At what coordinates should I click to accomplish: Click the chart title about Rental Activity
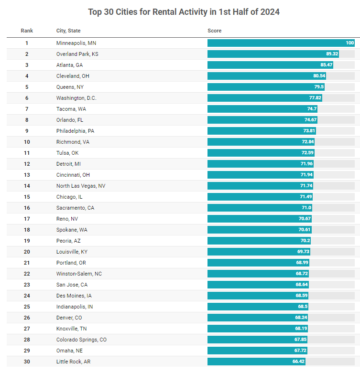tap(184, 12)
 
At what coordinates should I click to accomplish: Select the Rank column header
tap(27, 31)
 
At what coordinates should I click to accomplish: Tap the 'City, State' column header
tap(68, 31)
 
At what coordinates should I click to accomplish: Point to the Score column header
tap(215, 31)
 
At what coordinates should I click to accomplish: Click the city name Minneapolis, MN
tap(76, 43)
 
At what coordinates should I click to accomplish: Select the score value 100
tap(350, 43)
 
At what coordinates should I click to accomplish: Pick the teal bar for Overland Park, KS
tap(273, 54)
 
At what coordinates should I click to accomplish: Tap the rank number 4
tap(27, 76)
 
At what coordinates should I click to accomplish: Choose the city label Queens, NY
tap(70, 87)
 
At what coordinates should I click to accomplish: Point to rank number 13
tap(27, 175)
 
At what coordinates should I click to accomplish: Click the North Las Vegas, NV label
tap(81, 186)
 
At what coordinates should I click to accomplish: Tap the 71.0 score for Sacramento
tap(306, 208)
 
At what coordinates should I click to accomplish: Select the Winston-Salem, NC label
tap(79, 274)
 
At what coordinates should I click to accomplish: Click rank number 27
tap(27, 329)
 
